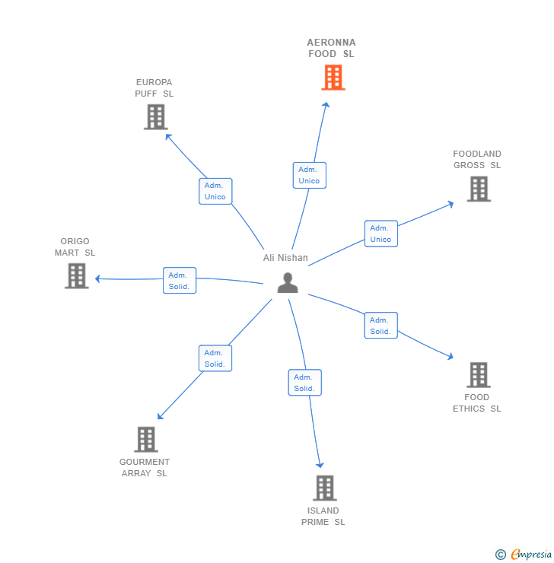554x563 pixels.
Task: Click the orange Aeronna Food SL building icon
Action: point(333,78)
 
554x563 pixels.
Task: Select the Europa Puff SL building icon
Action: point(155,117)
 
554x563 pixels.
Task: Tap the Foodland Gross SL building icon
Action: point(478,189)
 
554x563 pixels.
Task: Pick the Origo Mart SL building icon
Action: point(76,275)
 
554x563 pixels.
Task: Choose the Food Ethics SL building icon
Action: point(478,374)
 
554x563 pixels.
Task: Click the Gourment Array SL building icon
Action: point(146,439)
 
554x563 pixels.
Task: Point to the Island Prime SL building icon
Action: point(324,488)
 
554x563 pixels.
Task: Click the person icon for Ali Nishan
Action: point(288,282)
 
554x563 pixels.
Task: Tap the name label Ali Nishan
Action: point(285,258)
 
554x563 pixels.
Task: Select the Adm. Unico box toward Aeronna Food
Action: point(309,175)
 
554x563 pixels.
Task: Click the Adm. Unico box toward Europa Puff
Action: point(215,191)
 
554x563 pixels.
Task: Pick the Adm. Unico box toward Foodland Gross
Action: point(380,234)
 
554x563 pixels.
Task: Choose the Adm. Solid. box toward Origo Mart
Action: point(180,281)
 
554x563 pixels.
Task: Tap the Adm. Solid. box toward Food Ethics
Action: point(380,326)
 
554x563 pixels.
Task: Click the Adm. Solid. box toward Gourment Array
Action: point(215,358)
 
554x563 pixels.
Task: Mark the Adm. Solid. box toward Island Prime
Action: point(304,383)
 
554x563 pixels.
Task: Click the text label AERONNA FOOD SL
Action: point(331,48)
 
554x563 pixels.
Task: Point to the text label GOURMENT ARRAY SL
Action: point(145,467)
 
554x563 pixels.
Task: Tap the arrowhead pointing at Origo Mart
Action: point(98,279)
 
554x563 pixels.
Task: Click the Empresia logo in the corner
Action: point(524,555)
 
